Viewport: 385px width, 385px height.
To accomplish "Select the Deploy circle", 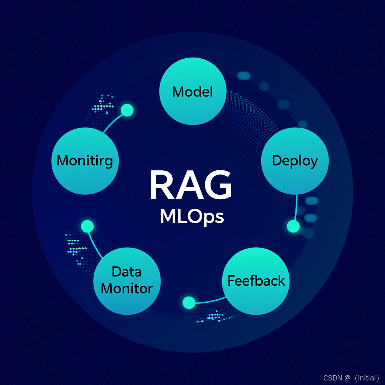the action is [295, 161].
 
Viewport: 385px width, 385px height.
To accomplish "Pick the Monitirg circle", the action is [85, 161].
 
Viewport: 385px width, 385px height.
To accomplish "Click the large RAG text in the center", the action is [190, 186].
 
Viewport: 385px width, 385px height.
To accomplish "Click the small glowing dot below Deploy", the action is [293, 226].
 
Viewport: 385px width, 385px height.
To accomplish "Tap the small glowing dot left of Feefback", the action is [189, 302].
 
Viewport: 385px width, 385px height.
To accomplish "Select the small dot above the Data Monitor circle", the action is [87, 226].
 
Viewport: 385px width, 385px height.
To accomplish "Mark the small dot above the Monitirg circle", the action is [127, 110].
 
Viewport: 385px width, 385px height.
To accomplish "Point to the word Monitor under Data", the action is [127, 289].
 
